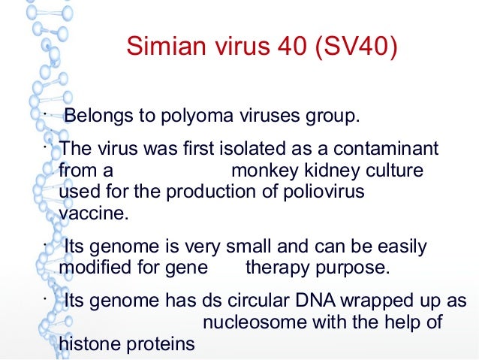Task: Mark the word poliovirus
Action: click(316, 192)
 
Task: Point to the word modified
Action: click(92, 268)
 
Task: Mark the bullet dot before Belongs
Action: click(45, 115)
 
